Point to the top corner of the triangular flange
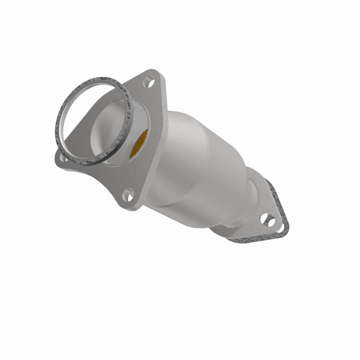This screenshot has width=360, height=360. click(155, 72)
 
